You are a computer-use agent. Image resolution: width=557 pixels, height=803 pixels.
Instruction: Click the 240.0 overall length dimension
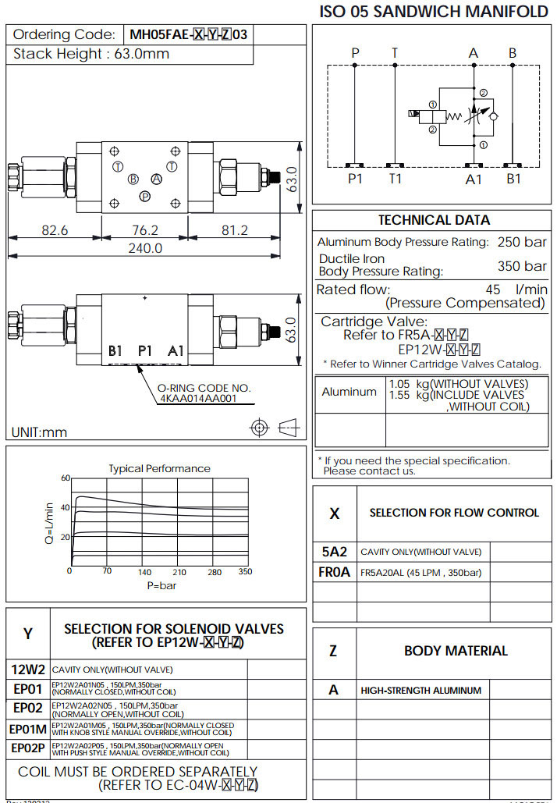click(x=145, y=248)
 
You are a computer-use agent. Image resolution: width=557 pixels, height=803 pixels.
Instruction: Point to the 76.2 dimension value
click(x=145, y=230)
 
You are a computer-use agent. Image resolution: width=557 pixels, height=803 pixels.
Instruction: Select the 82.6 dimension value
click(x=55, y=230)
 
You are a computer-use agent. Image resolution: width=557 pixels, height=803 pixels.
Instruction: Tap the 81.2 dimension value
click(x=234, y=230)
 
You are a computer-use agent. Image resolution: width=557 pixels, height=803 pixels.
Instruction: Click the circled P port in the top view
click(x=144, y=196)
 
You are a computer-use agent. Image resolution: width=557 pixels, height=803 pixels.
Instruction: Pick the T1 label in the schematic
click(x=396, y=179)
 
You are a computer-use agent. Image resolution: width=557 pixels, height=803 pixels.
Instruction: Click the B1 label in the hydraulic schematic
click(x=513, y=179)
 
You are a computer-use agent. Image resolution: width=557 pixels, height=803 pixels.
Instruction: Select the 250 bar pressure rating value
click(x=522, y=242)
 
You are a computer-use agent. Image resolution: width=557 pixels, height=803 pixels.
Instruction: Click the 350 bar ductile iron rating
click(x=522, y=266)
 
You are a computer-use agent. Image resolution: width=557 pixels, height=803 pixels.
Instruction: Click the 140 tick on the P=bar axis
click(x=144, y=572)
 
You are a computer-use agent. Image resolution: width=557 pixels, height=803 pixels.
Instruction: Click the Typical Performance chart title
click(x=159, y=468)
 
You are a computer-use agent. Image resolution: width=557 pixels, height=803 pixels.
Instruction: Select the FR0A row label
click(x=334, y=572)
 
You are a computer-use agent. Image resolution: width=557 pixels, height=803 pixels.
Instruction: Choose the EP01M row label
click(x=28, y=729)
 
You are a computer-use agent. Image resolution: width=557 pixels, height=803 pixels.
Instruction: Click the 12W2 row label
click(x=28, y=669)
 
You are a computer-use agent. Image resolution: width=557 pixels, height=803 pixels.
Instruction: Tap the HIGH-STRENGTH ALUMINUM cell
click(x=420, y=690)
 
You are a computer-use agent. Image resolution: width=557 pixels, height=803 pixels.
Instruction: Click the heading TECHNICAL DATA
click(x=434, y=220)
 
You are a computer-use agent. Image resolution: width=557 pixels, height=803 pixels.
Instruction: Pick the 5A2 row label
click(x=334, y=551)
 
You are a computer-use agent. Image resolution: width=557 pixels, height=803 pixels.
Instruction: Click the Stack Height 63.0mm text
click(x=91, y=54)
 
